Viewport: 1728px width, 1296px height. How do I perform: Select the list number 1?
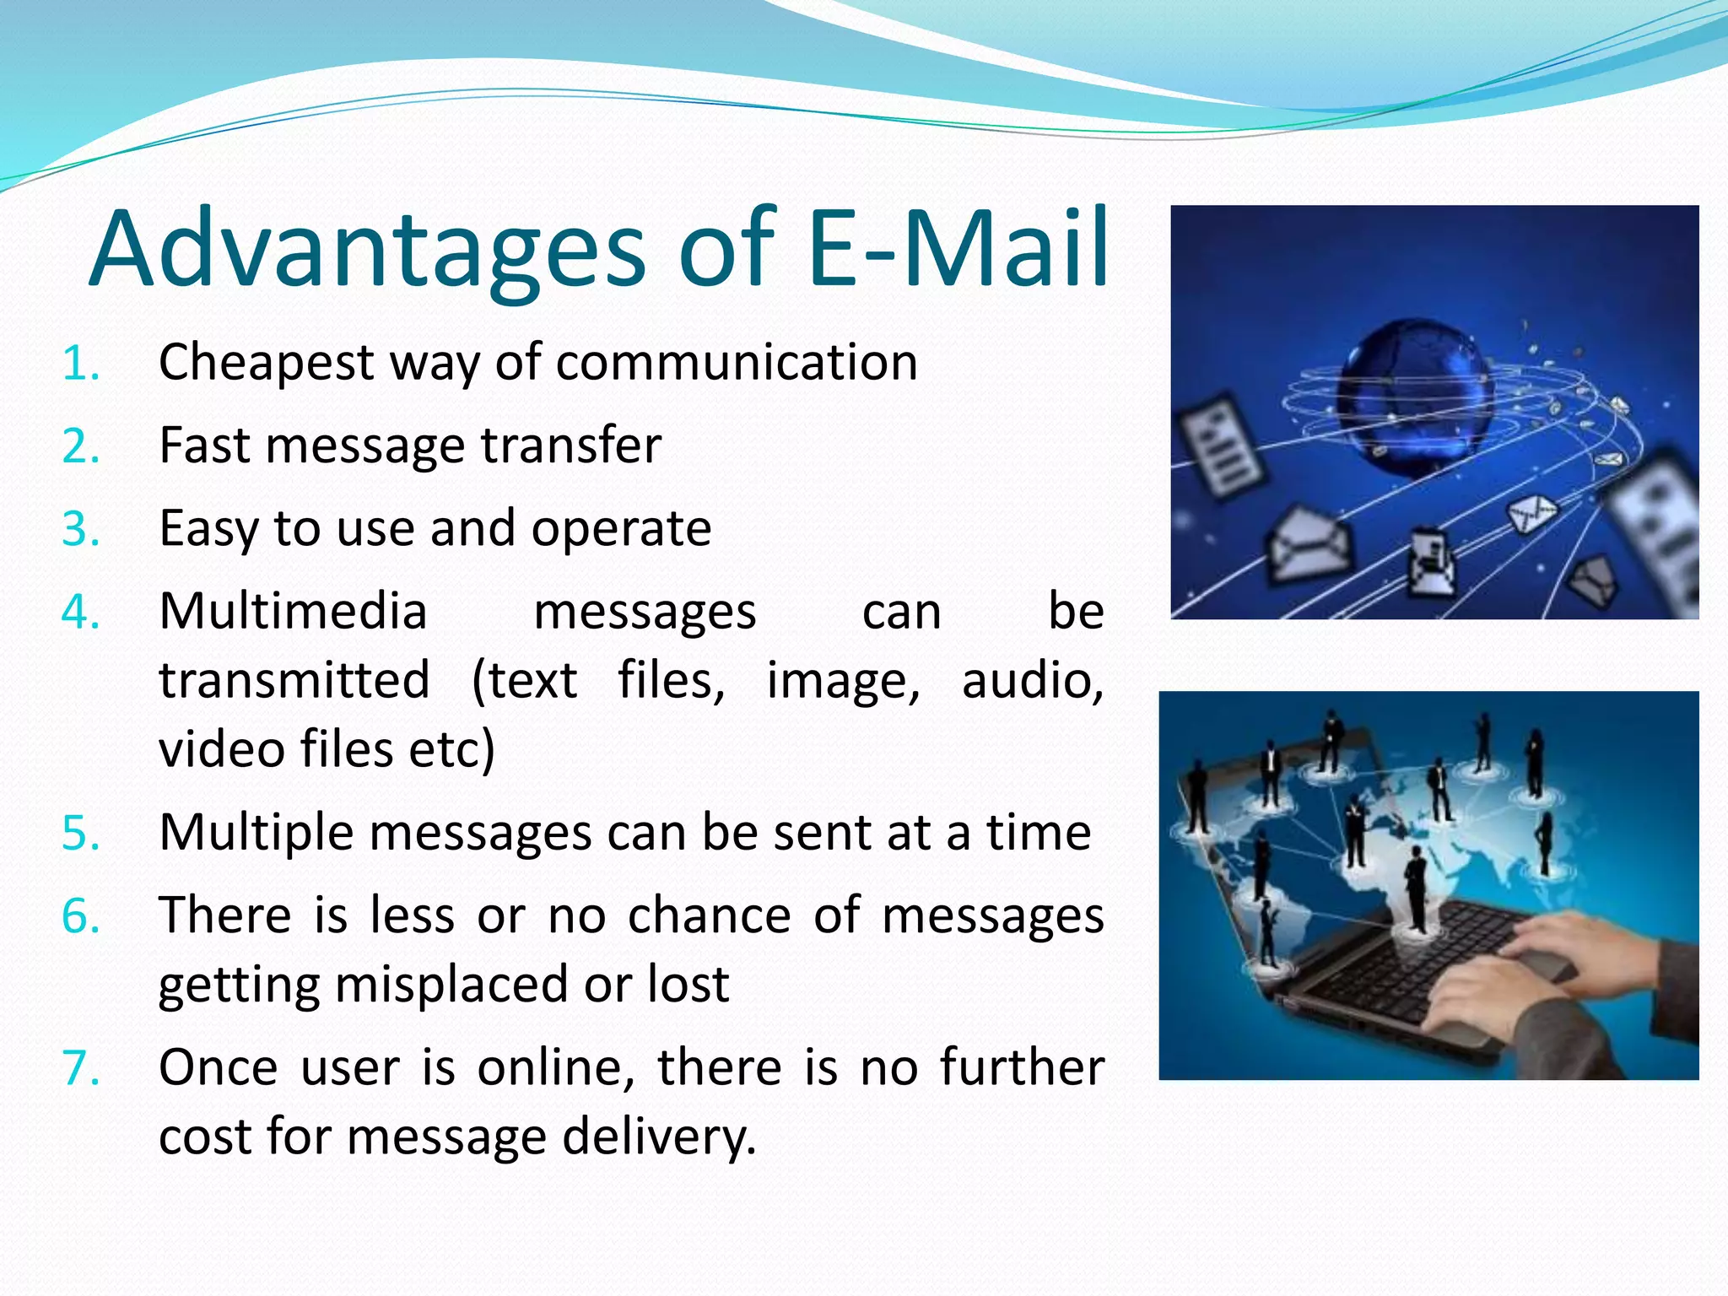[x=81, y=364]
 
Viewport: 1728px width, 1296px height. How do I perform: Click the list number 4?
[x=81, y=613]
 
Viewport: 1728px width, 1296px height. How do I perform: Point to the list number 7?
[x=81, y=1068]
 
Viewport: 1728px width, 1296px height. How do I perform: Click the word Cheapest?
[x=266, y=363]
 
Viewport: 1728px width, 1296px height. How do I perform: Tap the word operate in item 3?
[x=621, y=530]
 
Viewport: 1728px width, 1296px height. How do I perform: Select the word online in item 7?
[x=555, y=1067]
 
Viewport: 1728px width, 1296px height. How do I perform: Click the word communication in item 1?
[x=736, y=363]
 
